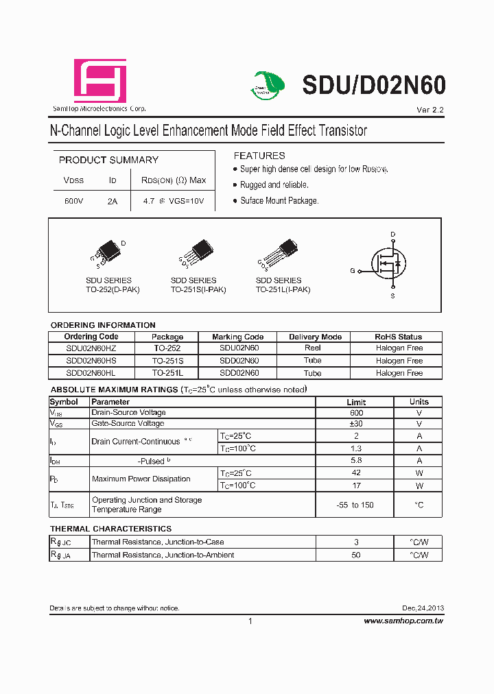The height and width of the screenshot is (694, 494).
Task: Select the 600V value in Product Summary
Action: (x=73, y=202)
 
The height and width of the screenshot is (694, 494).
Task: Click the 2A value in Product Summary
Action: (x=113, y=202)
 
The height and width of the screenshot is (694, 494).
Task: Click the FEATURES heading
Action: (x=259, y=156)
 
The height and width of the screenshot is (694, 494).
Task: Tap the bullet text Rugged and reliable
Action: (x=274, y=185)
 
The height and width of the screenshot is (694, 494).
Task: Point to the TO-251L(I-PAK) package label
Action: (x=283, y=289)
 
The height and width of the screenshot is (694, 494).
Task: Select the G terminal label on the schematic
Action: (x=353, y=271)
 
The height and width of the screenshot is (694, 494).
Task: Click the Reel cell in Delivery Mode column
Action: (x=313, y=348)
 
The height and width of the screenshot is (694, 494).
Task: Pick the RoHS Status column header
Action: (x=399, y=337)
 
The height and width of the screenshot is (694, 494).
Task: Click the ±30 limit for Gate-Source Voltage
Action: (x=356, y=424)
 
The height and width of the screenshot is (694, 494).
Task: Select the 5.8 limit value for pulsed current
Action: (x=356, y=461)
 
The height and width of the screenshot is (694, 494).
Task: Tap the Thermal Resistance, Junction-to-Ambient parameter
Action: (x=163, y=555)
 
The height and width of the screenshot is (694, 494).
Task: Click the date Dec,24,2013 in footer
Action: (x=423, y=608)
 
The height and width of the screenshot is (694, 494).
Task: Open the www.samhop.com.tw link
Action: (x=403, y=621)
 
